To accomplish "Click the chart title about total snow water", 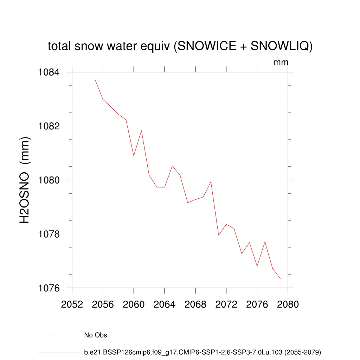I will [x=180, y=46].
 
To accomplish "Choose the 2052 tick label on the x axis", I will [x=72, y=304].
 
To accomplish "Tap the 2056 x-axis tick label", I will [x=103, y=304].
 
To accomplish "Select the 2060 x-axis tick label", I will [x=134, y=304].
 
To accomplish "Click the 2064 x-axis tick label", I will [x=165, y=304].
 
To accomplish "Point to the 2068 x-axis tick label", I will [x=195, y=304].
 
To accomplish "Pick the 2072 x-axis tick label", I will [x=226, y=304].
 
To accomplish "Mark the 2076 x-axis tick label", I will [x=257, y=304].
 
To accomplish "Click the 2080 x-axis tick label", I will [x=288, y=304].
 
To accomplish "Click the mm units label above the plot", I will [x=281, y=63].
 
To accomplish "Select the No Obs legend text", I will [x=95, y=335].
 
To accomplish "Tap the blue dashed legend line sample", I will [x=57, y=335].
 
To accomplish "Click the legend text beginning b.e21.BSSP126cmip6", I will [x=202, y=352].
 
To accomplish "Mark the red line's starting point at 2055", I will [x=95, y=80].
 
